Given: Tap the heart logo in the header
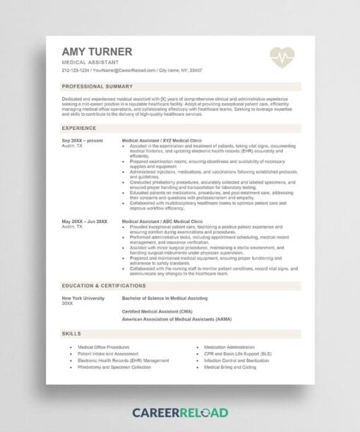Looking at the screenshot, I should pyautogui.click(x=282, y=56).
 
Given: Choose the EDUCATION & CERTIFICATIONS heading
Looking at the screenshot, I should pyautogui.click(x=104, y=287).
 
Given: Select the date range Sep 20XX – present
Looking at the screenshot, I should pyautogui.click(x=82, y=140).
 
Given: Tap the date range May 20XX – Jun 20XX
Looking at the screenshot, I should pyautogui.click(x=85, y=221).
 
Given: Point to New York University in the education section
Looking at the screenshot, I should pyautogui.click(x=83, y=299).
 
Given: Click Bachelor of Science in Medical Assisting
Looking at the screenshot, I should pyautogui.click(x=165, y=299).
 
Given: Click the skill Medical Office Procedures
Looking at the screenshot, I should pyautogui.click(x=103, y=347).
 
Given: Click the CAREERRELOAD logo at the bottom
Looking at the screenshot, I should pyautogui.click(x=179, y=412).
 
